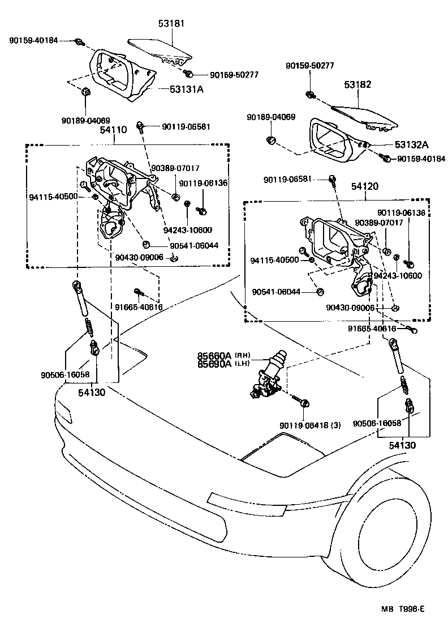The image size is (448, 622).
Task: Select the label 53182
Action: pyautogui.click(x=357, y=84)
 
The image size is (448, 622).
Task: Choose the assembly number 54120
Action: pyautogui.click(x=365, y=186)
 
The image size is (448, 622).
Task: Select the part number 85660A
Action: pyautogui.click(x=214, y=356)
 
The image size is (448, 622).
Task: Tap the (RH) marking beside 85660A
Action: pyautogui.click(x=242, y=356)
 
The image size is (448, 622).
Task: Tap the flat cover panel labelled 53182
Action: pyautogui.click(x=362, y=116)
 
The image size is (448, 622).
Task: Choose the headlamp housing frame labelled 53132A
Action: pyautogui.click(x=334, y=139)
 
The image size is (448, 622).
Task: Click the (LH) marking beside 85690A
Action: pyautogui.click(x=242, y=364)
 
